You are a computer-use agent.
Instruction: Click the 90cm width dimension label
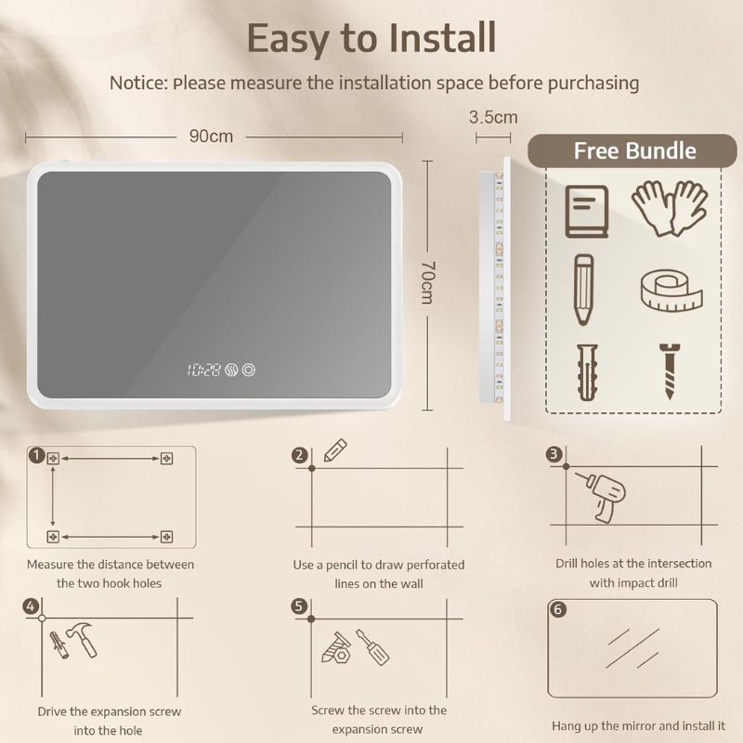(x=211, y=137)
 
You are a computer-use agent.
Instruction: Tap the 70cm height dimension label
(x=427, y=282)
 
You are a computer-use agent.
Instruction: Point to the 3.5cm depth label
(x=493, y=117)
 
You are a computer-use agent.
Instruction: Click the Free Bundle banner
(x=632, y=150)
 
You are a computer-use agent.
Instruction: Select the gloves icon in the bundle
(x=670, y=207)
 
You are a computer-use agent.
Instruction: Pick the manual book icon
(x=587, y=212)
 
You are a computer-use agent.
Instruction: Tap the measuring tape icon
(x=671, y=291)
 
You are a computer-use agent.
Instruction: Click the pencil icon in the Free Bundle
(x=584, y=290)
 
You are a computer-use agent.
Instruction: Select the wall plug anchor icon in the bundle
(x=588, y=372)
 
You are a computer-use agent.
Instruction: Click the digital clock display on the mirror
(x=203, y=370)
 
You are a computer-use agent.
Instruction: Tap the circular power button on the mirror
(x=249, y=370)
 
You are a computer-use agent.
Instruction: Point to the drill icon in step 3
(x=601, y=497)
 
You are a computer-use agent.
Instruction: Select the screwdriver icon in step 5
(x=372, y=646)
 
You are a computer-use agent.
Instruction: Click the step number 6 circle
(x=558, y=609)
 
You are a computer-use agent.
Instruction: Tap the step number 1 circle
(x=36, y=456)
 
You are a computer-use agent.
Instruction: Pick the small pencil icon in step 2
(x=335, y=450)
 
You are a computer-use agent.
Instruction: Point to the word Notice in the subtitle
(x=138, y=83)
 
